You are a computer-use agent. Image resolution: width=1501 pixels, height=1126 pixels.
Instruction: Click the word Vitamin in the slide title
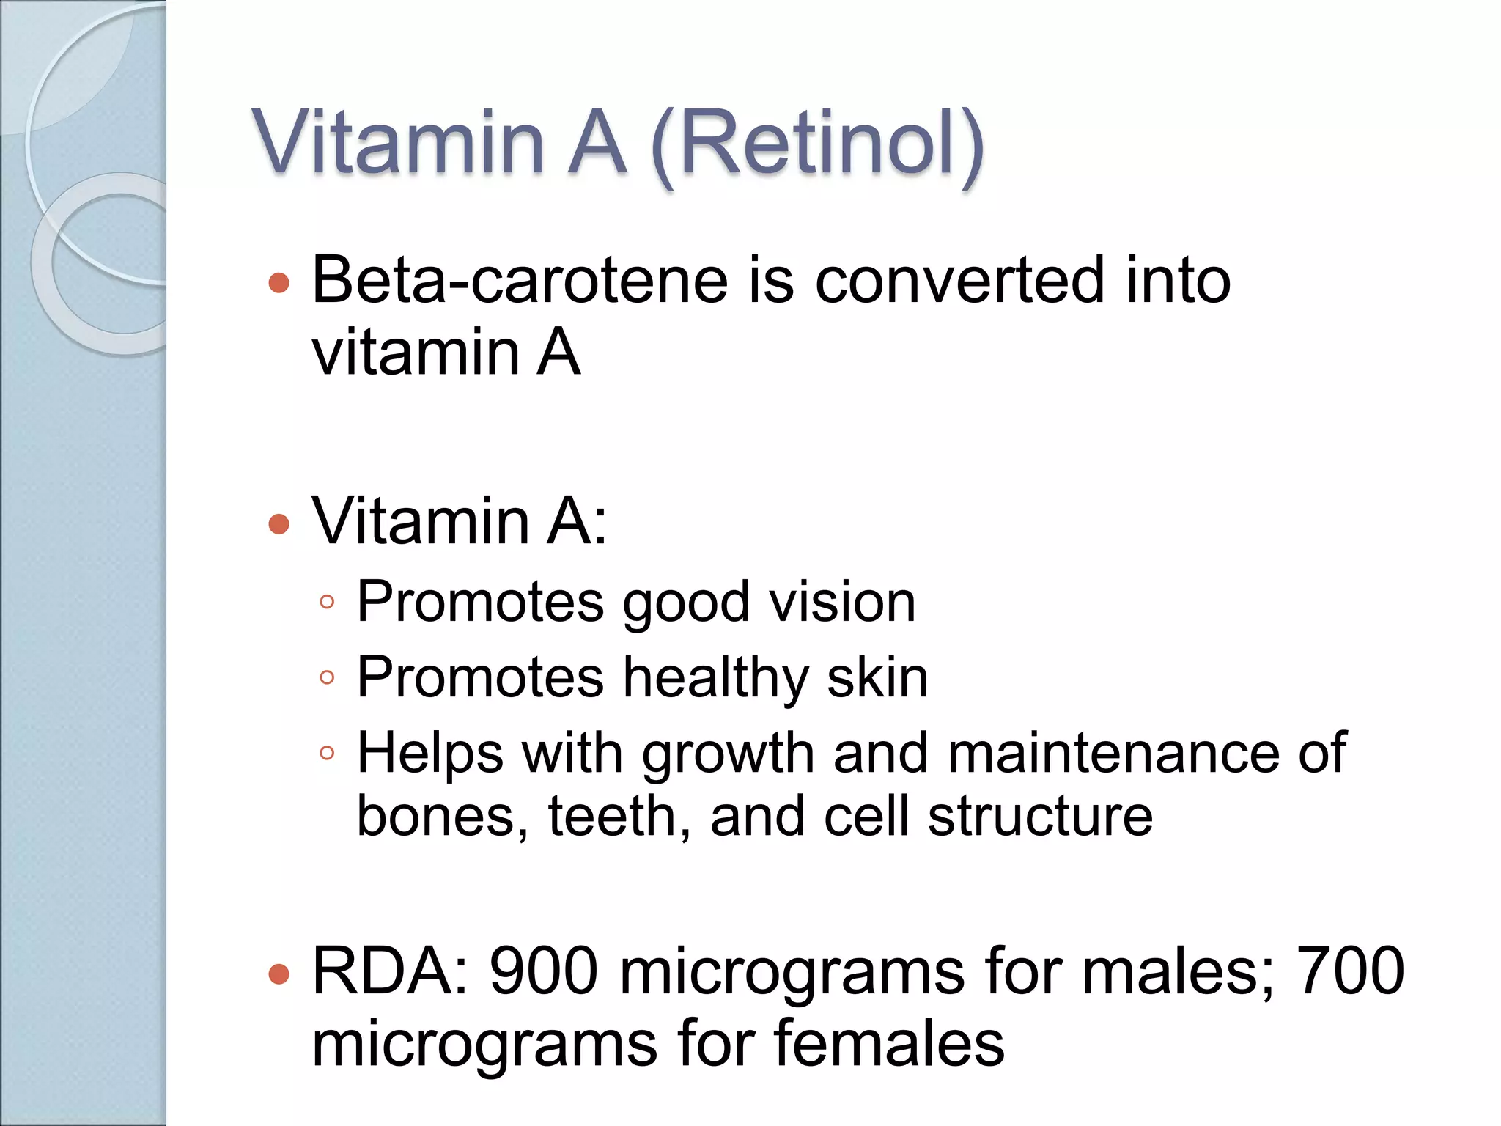coord(399,143)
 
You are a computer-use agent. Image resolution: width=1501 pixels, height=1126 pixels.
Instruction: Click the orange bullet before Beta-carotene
coord(279,283)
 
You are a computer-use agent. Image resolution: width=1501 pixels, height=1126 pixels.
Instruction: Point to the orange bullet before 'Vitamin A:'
coord(279,524)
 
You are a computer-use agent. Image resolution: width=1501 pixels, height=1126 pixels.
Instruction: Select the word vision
coord(842,603)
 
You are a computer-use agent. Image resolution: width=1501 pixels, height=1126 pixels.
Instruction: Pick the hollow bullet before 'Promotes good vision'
coord(327,603)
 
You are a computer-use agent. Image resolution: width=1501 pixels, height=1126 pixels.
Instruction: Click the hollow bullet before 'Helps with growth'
coord(327,753)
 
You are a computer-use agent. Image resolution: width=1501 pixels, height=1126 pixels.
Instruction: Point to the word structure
coord(1040,817)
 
